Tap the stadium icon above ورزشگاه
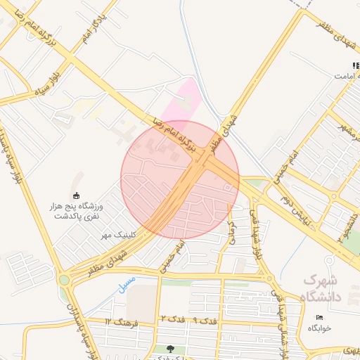coord(75,195)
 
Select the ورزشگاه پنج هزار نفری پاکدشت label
coord(79,211)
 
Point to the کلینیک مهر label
coord(118,233)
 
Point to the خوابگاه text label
coord(319,328)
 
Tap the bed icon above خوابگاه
coord(320,317)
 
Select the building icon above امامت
coord(356,65)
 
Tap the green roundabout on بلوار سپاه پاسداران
coord(65,279)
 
